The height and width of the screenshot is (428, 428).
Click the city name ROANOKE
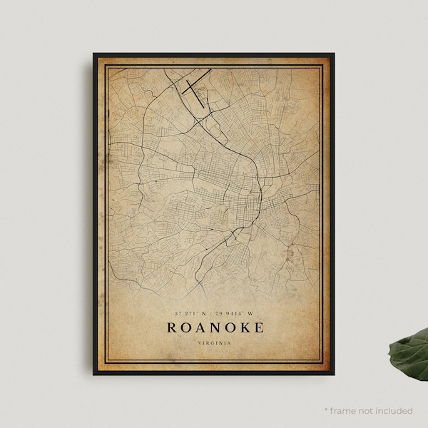[215, 327]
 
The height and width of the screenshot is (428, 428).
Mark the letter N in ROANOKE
[208, 327]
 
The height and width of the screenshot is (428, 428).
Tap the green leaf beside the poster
[409, 351]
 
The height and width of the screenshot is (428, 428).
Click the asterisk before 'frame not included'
[325, 411]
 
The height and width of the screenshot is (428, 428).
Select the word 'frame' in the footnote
[344, 411]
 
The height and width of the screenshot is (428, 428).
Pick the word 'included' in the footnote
[394, 411]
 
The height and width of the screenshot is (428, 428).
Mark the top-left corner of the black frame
[93, 53]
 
